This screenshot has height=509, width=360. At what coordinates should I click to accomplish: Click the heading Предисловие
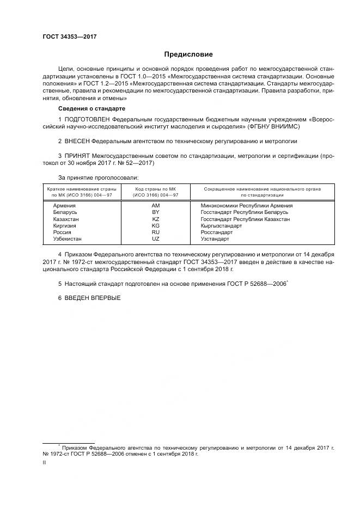tap(189, 54)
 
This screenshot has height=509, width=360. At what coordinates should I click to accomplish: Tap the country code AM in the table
tap(155, 206)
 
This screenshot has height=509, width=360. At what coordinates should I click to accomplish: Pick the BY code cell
tap(155, 212)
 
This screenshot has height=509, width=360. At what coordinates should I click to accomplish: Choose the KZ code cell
tap(155, 219)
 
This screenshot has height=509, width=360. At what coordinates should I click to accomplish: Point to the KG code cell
tap(155, 225)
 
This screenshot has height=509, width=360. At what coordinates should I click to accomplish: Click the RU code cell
tap(155, 232)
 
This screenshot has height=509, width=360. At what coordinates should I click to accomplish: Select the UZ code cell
tap(155, 238)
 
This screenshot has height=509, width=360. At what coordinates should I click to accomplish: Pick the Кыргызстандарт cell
tap(222, 225)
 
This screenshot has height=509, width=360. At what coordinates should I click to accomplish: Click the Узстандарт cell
tap(215, 238)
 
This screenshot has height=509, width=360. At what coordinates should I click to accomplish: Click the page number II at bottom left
tap(44, 462)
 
